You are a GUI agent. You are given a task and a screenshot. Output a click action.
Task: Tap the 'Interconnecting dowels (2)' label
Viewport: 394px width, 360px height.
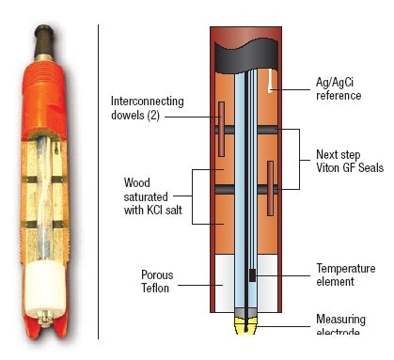coord(147,109)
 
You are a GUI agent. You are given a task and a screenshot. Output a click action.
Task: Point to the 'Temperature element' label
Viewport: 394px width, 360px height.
coord(346,274)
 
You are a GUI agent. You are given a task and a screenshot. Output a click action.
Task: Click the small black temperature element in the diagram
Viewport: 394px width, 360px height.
coord(251,275)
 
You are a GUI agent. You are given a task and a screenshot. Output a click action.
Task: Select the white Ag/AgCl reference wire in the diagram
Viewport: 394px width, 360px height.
coord(271,80)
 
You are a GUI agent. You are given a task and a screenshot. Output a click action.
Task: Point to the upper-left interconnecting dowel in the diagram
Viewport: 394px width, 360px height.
coord(221,130)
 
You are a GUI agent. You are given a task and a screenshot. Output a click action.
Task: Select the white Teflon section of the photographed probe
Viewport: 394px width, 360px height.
coord(40,286)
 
